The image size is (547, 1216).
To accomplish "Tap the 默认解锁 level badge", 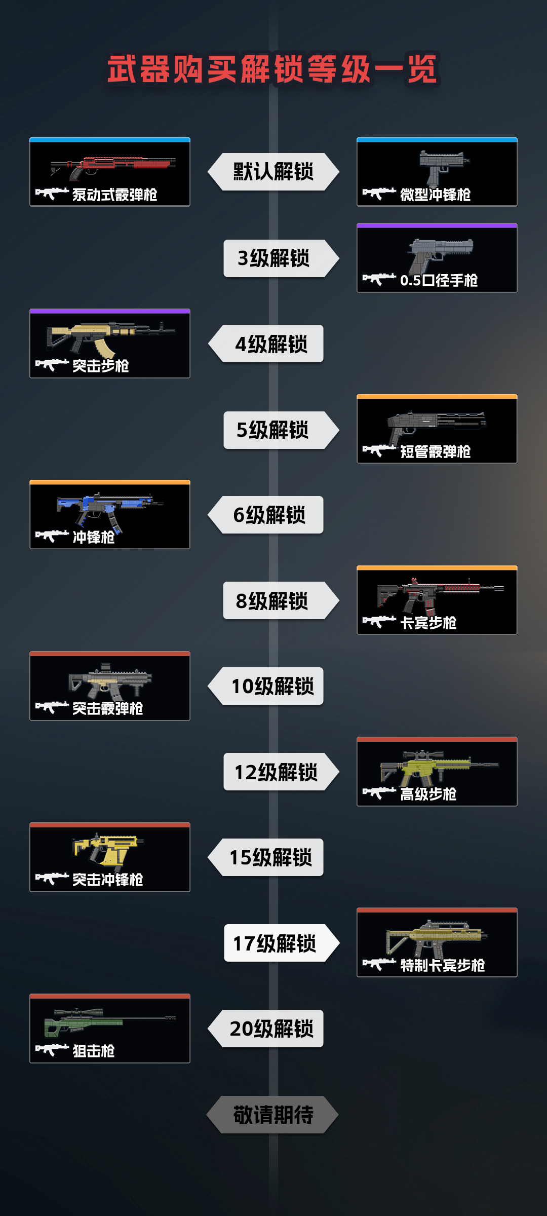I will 273,172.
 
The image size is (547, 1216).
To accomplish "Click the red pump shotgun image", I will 114,166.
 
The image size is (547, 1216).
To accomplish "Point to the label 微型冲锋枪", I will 436,195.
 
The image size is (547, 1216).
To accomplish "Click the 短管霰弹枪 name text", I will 436,452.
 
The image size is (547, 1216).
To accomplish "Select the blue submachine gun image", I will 109,508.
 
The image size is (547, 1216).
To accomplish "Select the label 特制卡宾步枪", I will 443,966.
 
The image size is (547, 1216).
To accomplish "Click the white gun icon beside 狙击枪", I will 52,1050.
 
